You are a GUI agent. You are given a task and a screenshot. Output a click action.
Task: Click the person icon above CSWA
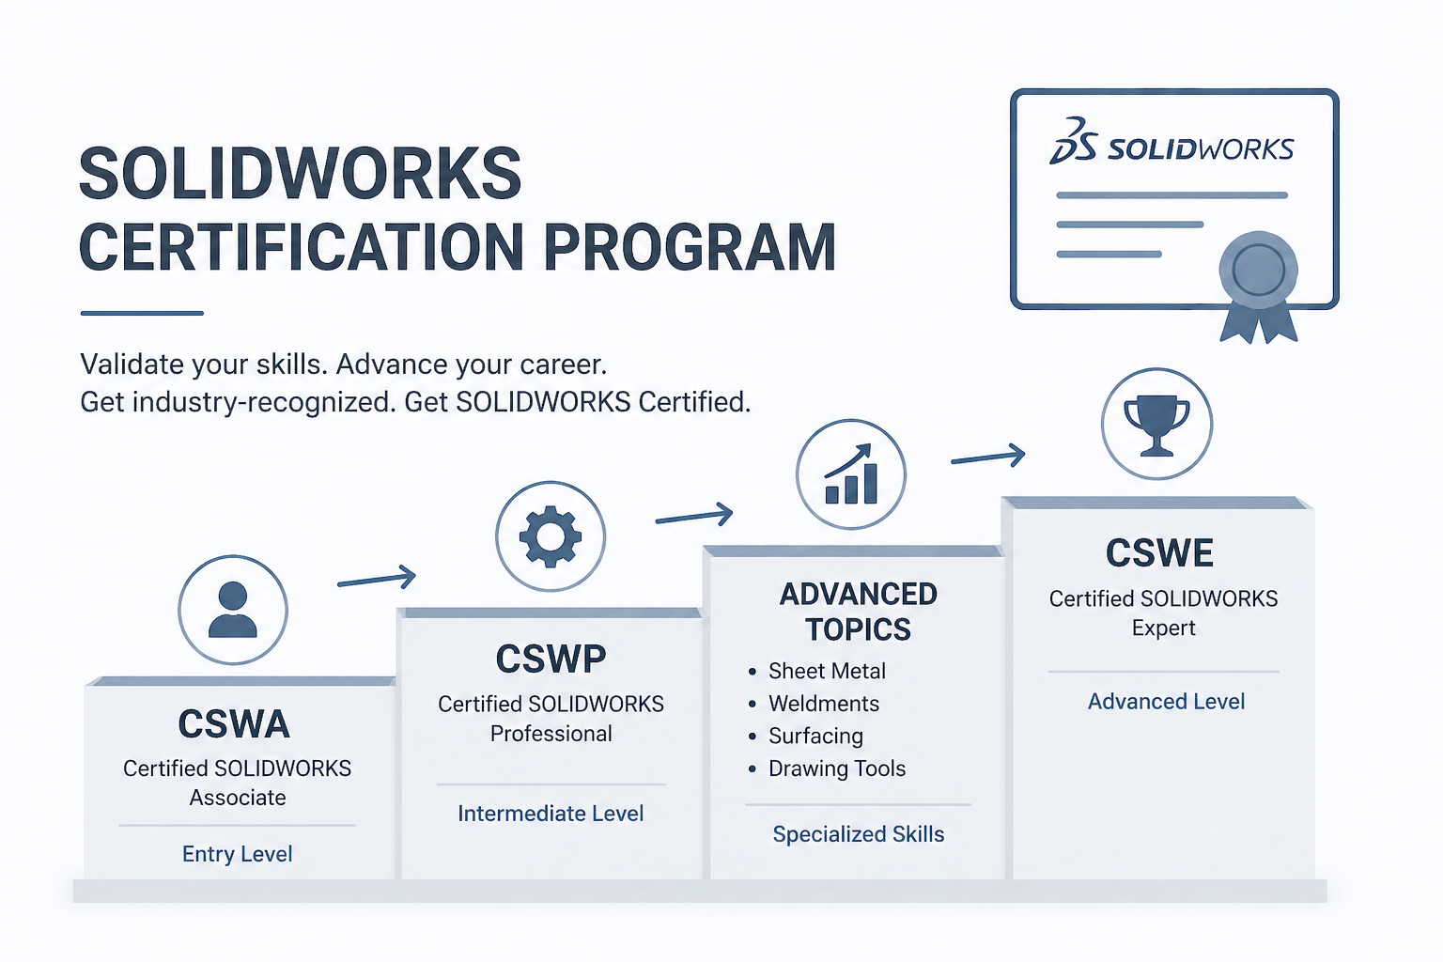233,610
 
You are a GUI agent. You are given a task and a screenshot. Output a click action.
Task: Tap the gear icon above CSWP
551,536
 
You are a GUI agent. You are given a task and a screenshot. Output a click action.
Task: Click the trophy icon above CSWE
1156,424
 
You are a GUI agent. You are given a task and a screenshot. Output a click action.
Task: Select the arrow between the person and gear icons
377,579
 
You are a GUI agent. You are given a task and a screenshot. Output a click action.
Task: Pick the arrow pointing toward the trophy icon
987,458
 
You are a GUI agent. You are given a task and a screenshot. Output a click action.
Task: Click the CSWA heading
234,724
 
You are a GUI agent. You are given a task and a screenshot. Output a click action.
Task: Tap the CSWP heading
551,659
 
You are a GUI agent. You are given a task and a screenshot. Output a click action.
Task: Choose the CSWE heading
1159,553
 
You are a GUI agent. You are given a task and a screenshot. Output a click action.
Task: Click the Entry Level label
238,854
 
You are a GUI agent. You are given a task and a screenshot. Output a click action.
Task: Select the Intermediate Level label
551,814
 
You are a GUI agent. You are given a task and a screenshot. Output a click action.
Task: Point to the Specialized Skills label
858,834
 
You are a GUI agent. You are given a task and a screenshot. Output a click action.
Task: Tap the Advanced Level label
1166,702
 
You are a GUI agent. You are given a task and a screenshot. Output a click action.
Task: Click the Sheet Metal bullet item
827,671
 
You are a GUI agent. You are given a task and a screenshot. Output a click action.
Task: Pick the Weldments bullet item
824,704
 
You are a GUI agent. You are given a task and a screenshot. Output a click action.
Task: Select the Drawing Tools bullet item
837,768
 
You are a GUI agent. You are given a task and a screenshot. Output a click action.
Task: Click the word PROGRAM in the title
690,248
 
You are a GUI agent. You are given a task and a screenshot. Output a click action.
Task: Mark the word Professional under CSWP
551,734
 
